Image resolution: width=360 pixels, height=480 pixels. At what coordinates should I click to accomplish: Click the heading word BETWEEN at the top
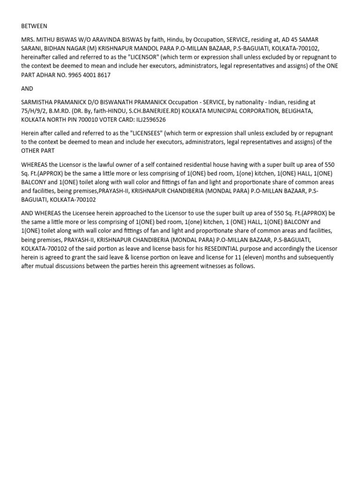(x=34, y=26)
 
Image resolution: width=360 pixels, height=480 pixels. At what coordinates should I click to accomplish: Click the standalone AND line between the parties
(x=28, y=88)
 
